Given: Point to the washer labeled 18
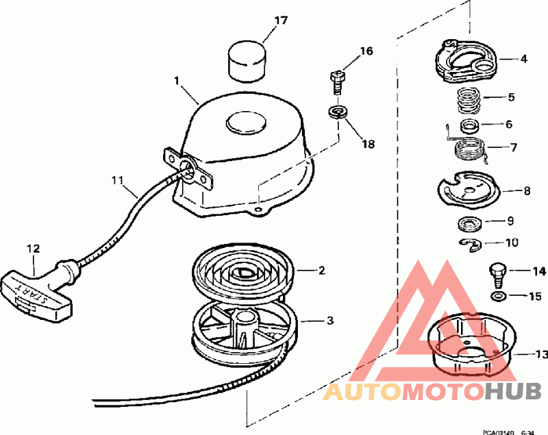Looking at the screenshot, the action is (x=337, y=112).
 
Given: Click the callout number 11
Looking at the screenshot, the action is (x=118, y=181).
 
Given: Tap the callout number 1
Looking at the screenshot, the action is (x=177, y=82).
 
